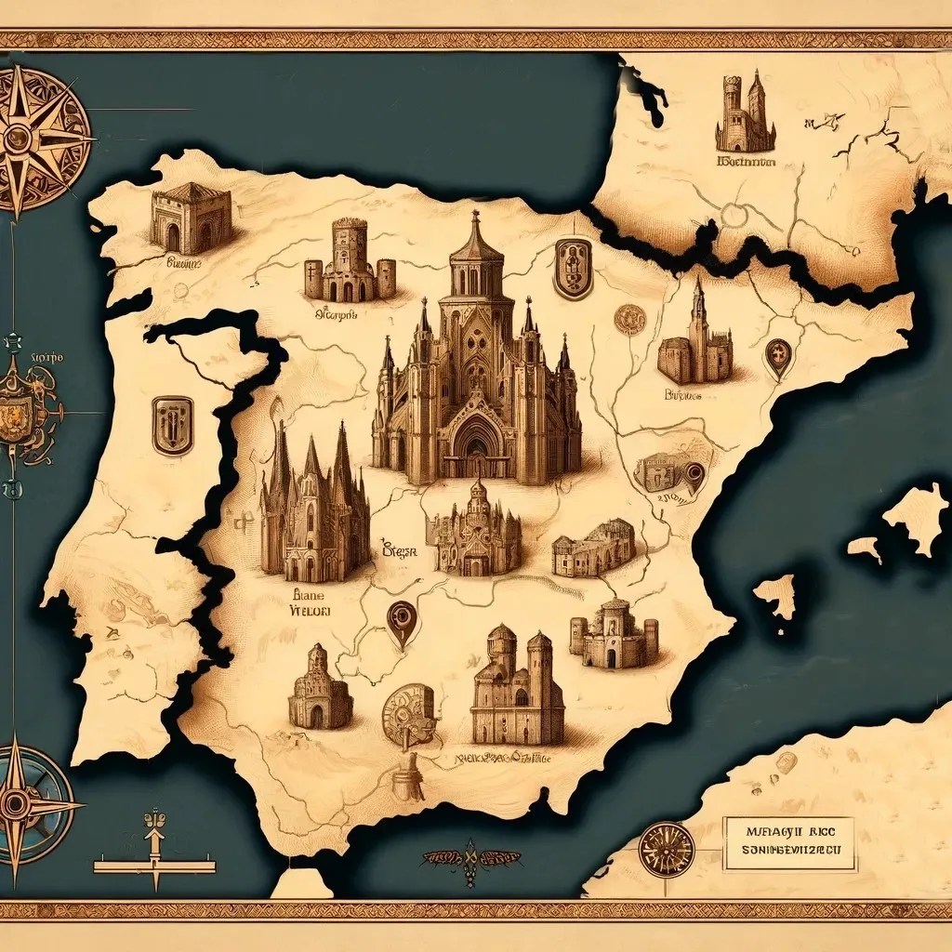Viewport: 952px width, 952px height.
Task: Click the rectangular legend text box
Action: point(788,843)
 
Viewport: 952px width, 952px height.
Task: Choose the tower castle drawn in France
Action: point(746,113)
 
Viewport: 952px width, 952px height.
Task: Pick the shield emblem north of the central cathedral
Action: point(573,268)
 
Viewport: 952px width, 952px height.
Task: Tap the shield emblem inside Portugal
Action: point(173,425)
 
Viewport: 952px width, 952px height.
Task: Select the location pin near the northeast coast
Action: point(777,358)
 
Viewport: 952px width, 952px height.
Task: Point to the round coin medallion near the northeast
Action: point(630,319)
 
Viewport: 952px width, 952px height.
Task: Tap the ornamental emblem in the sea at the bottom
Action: point(471,857)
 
